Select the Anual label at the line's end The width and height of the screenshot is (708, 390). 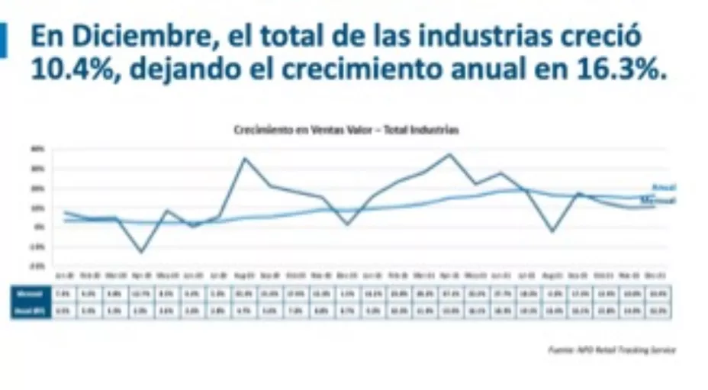pyautogui.click(x=664, y=187)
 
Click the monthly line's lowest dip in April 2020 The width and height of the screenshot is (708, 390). pyautogui.click(x=140, y=252)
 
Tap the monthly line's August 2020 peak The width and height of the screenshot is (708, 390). pyautogui.click(x=244, y=158)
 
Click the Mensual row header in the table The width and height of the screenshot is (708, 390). pyautogui.click(x=30, y=292)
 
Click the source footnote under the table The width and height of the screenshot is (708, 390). pyautogui.click(x=611, y=350)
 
